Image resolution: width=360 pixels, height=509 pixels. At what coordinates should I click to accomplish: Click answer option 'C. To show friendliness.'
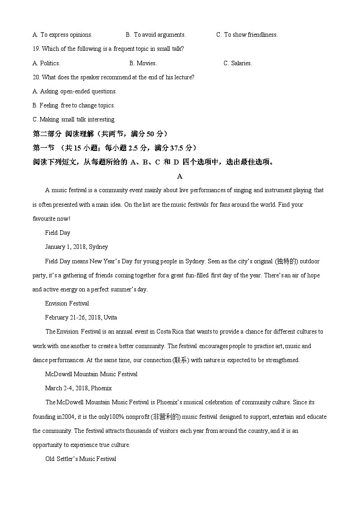(x=247, y=34)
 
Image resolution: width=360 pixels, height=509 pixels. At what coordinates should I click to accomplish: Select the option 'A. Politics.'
(x=47, y=63)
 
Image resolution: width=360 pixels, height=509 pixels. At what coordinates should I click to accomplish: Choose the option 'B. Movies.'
(x=143, y=63)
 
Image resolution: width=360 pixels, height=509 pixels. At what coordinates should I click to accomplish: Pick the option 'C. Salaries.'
(x=238, y=63)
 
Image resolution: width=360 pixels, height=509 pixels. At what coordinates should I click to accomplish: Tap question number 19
(x=36, y=48)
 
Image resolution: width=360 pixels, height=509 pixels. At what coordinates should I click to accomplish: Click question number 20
(x=36, y=77)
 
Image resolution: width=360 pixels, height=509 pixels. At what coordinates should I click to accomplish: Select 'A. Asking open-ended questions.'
(x=75, y=91)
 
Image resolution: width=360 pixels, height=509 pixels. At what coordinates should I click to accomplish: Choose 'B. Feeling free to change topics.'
(x=74, y=105)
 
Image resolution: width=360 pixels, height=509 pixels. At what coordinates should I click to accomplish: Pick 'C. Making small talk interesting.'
(x=74, y=119)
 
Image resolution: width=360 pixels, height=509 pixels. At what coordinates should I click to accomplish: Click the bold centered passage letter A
(x=180, y=176)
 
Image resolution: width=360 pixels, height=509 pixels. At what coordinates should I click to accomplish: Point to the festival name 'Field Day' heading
(x=58, y=233)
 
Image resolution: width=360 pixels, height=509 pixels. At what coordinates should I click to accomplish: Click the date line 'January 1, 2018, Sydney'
(x=77, y=247)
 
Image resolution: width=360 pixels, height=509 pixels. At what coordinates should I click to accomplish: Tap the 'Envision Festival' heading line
(x=67, y=303)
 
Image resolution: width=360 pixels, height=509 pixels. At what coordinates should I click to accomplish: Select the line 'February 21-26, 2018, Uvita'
(x=81, y=317)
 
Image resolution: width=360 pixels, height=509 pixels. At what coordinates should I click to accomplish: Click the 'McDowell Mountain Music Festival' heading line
(x=91, y=374)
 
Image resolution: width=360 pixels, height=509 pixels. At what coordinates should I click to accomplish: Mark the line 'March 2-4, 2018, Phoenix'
(x=78, y=388)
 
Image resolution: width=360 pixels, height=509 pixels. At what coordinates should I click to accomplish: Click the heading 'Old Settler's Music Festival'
(x=81, y=459)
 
